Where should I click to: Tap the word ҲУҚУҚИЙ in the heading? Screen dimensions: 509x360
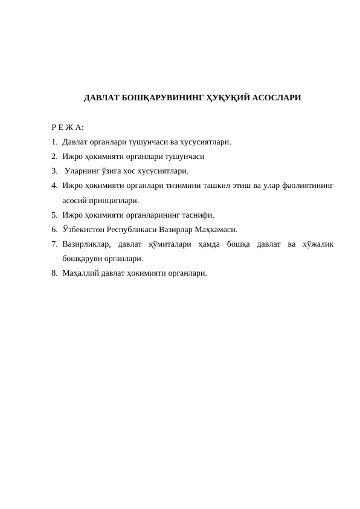click(x=228, y=97)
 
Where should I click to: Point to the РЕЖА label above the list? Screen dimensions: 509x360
click(x=68, y=128)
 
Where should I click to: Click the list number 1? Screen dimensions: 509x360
click(x=54, y=142)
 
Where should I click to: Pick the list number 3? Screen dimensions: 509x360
click(x=54, y=171)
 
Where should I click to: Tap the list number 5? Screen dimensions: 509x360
click(x=54, y=215)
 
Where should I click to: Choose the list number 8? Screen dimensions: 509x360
click(x=54, y=273)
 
